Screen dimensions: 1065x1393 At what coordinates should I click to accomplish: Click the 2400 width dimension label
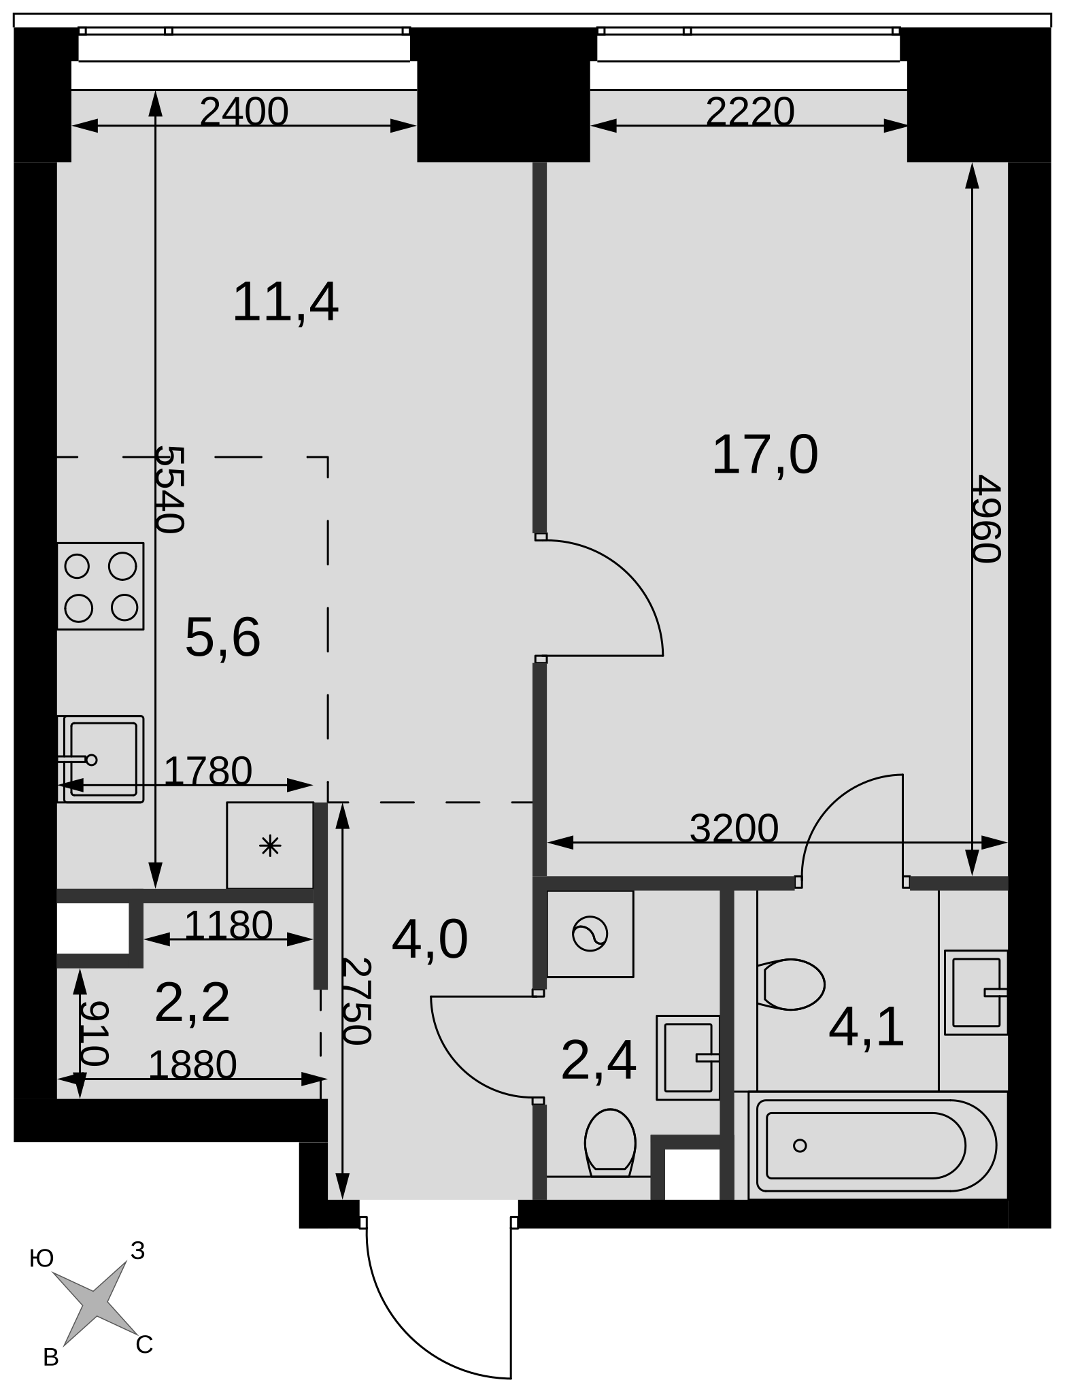click(x=244, y=112)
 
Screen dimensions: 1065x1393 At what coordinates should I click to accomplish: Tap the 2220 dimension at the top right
click(x=750, y=112)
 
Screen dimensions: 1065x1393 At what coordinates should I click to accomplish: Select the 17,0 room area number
click(x=764, y=456)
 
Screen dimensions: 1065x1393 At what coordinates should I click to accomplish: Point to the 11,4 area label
click(x=286, y=303)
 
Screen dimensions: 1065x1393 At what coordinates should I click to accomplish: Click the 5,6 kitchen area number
click(x=223, y=638)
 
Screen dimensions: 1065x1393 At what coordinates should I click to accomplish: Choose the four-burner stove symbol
click(x=101, y=586)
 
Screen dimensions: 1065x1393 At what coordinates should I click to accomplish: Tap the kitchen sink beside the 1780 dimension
click(x=101, y=759)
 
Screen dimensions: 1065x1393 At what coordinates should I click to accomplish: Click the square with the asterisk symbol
click(x=270, y=845)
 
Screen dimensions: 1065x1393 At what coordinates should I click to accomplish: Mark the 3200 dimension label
click(x=734, y=828)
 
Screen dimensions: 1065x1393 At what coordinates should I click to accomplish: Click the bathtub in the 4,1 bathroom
click(x=877, y=1145)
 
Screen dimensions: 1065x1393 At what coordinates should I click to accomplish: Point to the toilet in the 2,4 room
click(x=610, y=1143)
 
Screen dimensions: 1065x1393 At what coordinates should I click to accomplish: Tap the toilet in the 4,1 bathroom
click(x=791, y=984)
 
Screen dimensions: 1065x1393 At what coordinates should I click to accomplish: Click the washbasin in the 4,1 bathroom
click(x=976, y=992)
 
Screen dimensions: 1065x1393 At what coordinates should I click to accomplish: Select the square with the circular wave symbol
click(x=590, y=934)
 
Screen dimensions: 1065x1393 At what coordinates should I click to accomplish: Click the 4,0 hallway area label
click(x=430, y=940)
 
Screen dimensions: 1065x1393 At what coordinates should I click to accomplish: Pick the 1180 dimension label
click(x=229, y=925)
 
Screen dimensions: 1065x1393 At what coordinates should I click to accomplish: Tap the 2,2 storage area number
click(x=192, y=1003)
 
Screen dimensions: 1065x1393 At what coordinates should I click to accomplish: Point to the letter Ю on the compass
click(x=41, y=1259)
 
